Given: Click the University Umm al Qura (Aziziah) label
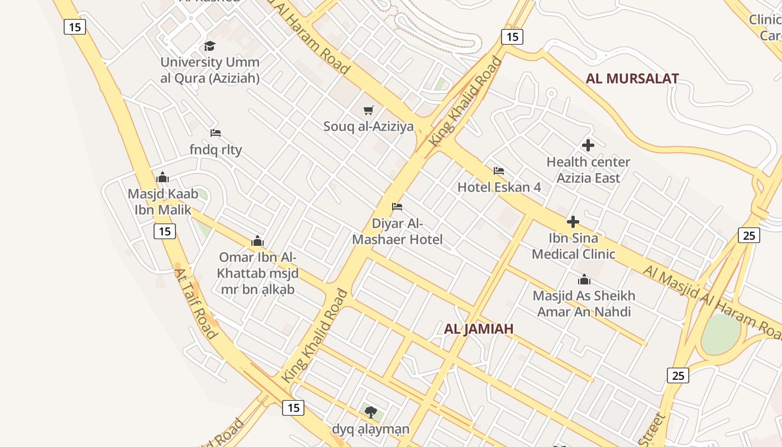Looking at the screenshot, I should pos(210,70).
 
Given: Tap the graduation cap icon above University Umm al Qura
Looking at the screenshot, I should pos(209,46).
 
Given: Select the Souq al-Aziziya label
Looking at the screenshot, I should pos(369,126).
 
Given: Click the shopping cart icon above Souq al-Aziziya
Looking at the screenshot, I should pos(368,110).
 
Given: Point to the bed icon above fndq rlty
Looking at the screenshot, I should pos(216,133).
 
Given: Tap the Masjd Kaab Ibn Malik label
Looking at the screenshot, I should pos(163,202).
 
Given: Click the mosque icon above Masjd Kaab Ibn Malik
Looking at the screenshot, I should pos(163,178).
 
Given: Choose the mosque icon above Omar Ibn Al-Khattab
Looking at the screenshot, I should pos(258,241).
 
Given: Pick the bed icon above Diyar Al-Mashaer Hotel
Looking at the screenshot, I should pos(397,207).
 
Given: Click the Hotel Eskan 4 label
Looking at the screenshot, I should pos(499,187).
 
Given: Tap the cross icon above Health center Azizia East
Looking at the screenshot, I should pos(588,145).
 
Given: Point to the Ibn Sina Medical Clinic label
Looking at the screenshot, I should pos(574,246).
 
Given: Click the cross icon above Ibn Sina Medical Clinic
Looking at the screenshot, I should pos(573,222).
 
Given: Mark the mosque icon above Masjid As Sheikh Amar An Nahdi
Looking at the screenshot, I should pos(584,279).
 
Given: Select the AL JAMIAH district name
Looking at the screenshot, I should pos(479,329).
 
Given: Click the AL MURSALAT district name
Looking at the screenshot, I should pos(632,79).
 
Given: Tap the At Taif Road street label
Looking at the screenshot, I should pos(195,304).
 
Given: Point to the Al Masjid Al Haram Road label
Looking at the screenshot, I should pos(712,302).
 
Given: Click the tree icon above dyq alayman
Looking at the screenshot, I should pos(370,413).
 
